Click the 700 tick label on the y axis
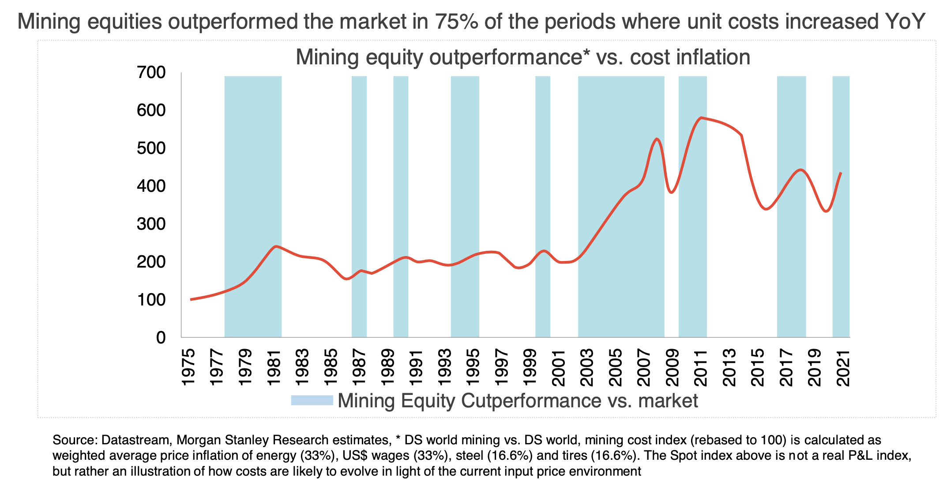click(x=151, y=73)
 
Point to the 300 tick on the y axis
click(x=151, y=224)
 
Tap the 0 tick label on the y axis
click(x=161, y=338)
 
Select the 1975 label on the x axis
click(x=188, y=368)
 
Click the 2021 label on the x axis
click(x=844, y=368)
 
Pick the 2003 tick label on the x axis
click(x=587, y=368)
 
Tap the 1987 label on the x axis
click(x=359, y=368)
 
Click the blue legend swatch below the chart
click(x=312, y=400)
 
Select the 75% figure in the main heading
click(x=455, y=21)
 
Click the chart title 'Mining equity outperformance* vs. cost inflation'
click(x=522, y=57)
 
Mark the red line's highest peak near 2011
click(x=701, y=118)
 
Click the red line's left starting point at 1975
click(x=191, y=300)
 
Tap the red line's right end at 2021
click(x=841, y=173)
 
